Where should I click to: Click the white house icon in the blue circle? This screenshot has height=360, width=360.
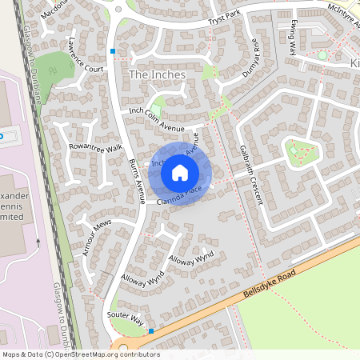pyautogui.click(x=180, y=172)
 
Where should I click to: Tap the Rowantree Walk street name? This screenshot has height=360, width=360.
pyautogui.click(x=95, y=148)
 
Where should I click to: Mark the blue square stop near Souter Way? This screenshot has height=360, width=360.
pyautogui.click(x=150, y=330)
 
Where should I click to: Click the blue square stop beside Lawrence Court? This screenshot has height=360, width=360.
pyautogui.click(x=113, y=51)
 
